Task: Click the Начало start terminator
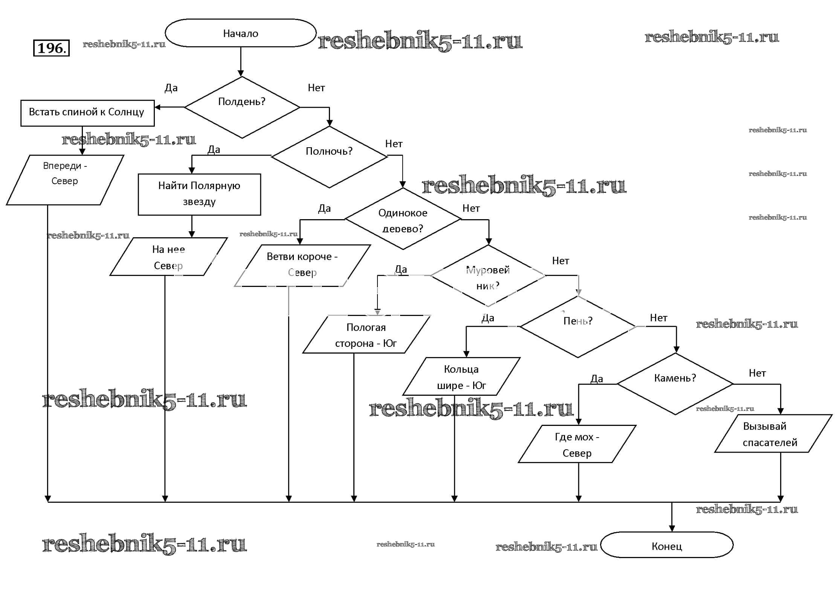click(240, 33)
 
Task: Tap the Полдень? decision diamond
click(242, 107)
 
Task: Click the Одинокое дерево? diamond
click(403, 219)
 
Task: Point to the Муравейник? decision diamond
click(488, 276)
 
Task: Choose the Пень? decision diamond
click(578, 326)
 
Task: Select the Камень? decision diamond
click(675, 384)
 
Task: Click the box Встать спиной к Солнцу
click(87, 113)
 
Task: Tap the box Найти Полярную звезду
click(199, 194)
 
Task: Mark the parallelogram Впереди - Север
click(65, 180)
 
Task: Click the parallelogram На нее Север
click(168, 257)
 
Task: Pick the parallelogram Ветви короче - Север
click(302, 265)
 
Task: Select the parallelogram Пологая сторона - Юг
click(366, 334)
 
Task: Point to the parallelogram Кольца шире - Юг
click(461, 377)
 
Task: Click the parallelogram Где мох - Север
click(577, 444)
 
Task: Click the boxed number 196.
click(52, 48)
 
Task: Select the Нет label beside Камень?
click(757, 373)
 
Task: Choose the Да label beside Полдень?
click(171, 88)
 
